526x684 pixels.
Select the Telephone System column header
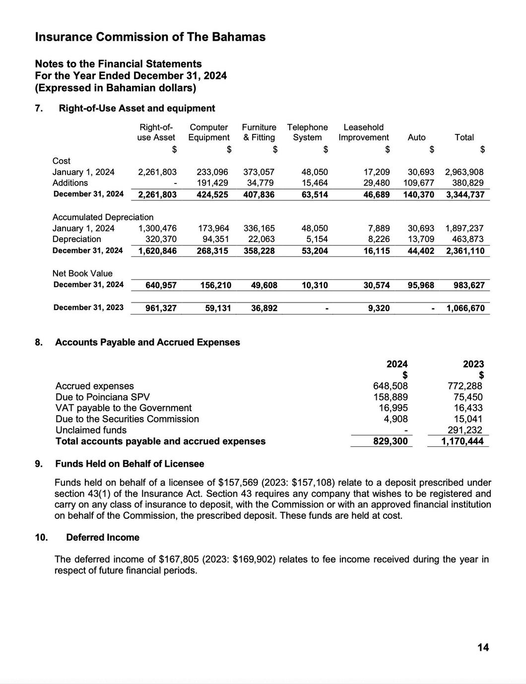click(x=307, y=132)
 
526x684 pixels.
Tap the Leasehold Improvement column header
click(x=363, y=132)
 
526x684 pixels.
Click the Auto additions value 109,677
click(x=418, y=183)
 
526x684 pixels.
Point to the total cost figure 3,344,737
click(x=465, y=194)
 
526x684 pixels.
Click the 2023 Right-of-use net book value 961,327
click(x=161, y=308)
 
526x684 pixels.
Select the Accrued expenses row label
click(x=94, y=386)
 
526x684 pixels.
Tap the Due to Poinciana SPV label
click(x=102, y=397)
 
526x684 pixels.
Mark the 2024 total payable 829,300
click(x=391, y=441)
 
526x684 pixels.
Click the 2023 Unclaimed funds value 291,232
click(x=465, y=430)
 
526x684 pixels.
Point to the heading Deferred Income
click(x=102, y=537)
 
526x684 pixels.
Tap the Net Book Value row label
click(x=82, y=273)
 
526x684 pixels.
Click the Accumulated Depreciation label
click(x=103, y=217)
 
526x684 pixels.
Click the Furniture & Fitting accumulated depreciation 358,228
click(x=259, y=250)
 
